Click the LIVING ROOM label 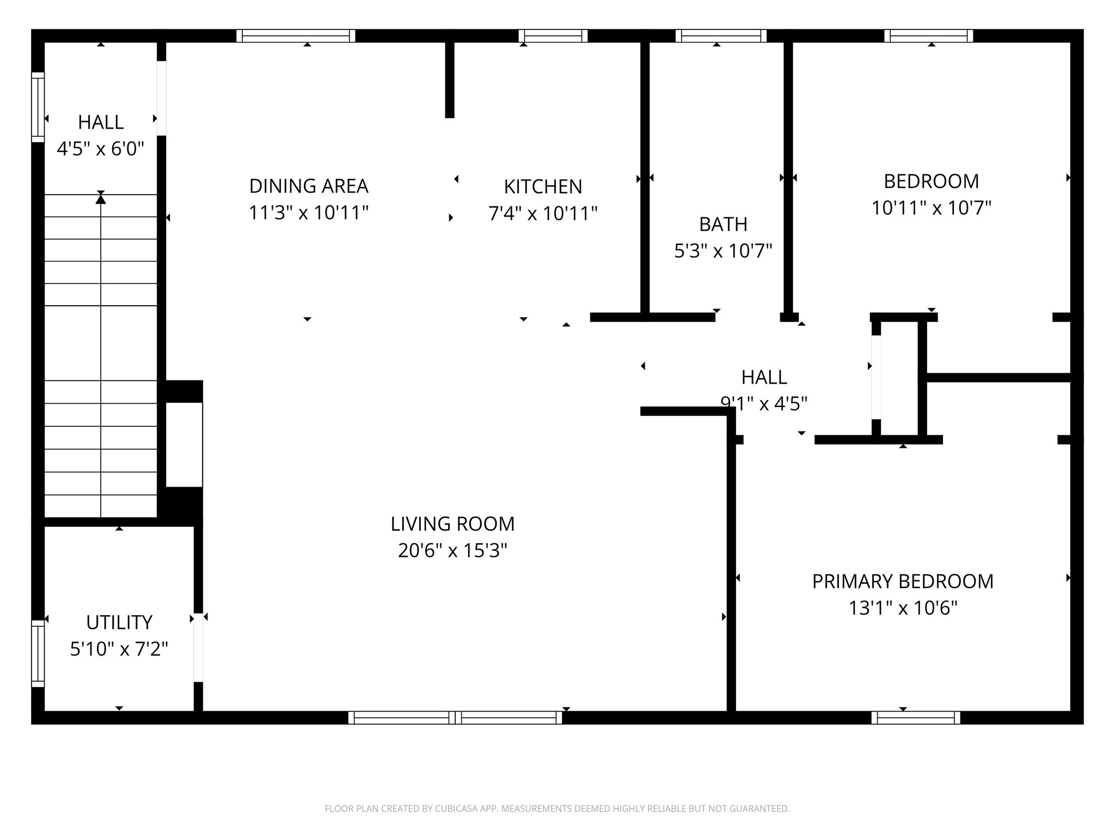452,524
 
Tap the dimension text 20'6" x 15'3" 452,550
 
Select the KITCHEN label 543,187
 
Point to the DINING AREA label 308,186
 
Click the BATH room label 723,225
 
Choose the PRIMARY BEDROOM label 902,581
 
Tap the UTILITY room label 119,622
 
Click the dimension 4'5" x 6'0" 100,149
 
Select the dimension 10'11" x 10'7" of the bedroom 931,208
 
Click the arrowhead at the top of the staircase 101,199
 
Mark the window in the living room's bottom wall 455,718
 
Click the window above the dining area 296,36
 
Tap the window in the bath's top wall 721,36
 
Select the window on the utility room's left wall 38,653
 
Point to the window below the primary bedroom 915,718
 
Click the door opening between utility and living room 198,647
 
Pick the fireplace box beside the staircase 184,444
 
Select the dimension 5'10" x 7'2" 119,649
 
